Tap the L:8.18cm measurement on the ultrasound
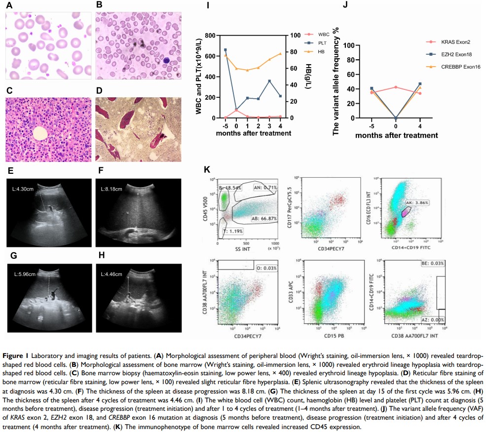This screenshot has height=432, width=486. [x=112, y=188]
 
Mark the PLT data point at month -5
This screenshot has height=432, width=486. [x=225, y=50]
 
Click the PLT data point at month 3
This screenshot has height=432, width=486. [x=269, y=81]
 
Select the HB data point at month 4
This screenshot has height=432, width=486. [x=280, y=53]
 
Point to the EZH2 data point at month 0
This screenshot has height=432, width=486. [x=395, y=118]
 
